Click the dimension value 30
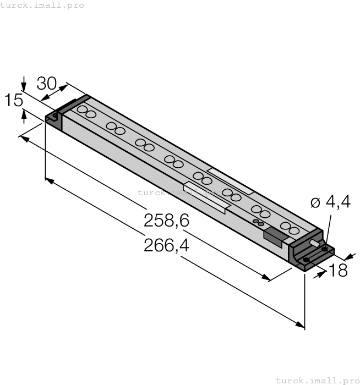[47, 84]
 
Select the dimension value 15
[13, 101]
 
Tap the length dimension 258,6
[166, 221]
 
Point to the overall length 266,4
[166, 245]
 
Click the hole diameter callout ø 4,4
[330, 202]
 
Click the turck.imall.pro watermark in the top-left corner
[42, 5]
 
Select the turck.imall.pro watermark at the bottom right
[317, 380]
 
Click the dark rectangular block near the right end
[275, 237]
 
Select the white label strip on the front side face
[205, 199]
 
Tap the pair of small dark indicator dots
[258, 222]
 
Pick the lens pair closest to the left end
[86, 112]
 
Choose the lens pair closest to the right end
[290, 228]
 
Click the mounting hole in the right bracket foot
[306, 259]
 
